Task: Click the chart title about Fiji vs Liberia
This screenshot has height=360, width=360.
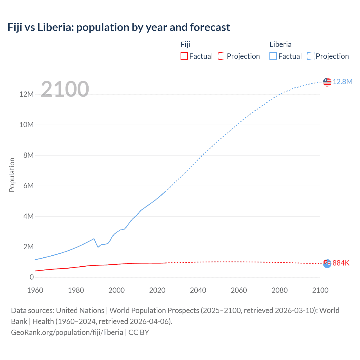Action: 118,27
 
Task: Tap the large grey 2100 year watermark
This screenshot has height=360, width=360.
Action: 65,89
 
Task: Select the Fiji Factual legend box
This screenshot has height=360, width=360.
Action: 184,56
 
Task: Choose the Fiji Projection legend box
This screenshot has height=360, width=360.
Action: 222,56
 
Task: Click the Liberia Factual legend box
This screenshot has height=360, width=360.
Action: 273,56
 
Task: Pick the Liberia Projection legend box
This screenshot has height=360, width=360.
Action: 310,56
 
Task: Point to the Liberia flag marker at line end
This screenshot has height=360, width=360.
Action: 327,82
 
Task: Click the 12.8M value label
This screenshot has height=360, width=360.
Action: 342,82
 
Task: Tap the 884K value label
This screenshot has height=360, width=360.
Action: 341,263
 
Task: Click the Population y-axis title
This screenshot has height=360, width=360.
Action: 12,175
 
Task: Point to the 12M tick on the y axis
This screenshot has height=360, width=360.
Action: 26,94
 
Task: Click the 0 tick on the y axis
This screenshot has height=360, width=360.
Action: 31,277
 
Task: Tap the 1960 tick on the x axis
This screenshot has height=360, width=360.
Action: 35,290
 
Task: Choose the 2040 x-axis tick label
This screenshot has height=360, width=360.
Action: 198,290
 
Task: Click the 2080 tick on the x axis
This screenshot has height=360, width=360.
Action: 280,290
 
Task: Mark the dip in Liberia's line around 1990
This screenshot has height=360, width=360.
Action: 98,247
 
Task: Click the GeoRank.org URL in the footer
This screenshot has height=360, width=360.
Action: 67,332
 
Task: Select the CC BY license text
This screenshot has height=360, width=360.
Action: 139,332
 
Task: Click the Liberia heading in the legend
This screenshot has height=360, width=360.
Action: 280,44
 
